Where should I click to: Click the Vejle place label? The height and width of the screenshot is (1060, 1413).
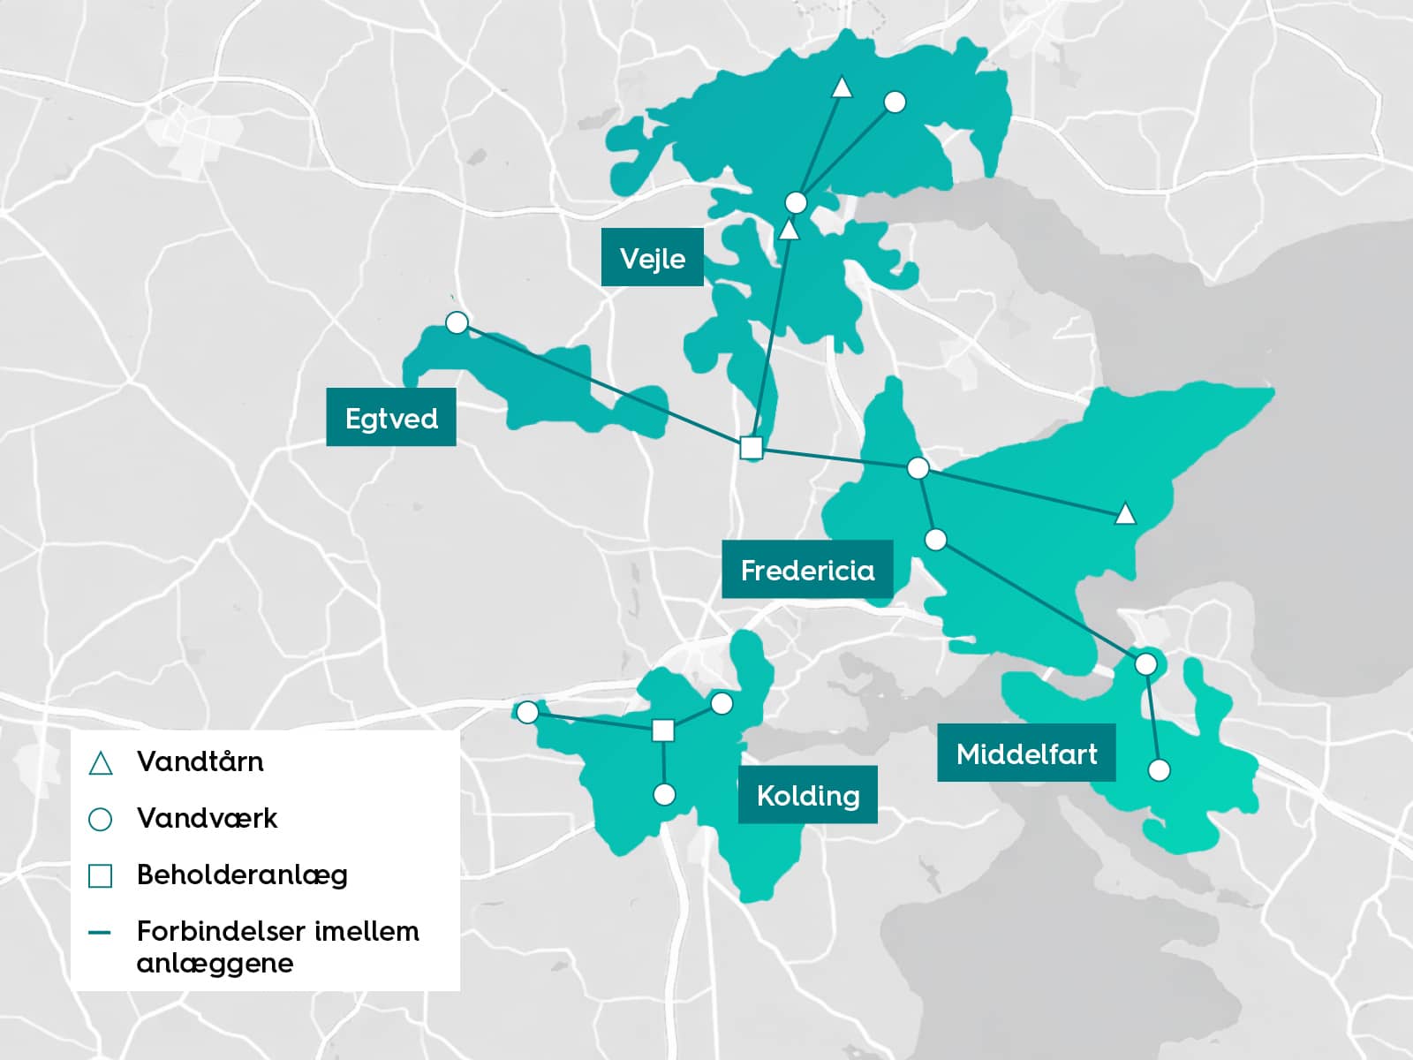tap(652, 258)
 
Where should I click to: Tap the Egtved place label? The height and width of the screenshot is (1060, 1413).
tap(391, 417)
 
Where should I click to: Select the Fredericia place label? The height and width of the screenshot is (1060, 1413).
tap(807, 570)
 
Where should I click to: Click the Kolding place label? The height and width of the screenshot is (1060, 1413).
tap(807, 795)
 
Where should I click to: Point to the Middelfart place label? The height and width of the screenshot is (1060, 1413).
tap(1026, 753)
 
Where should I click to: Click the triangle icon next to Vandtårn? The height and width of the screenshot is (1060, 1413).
tap(101, 763)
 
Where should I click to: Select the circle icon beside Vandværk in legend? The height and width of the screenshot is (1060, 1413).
tap(101, 820)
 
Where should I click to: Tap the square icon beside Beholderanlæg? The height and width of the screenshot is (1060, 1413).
tap(101, 875)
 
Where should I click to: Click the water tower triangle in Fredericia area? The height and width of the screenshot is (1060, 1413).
tap(1124, 513)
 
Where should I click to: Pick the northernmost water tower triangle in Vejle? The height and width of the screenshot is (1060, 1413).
tap(842, 87)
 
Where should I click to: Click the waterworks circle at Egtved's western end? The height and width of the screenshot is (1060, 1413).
tap(457, 322)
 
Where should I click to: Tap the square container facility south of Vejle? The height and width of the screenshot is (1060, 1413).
tap(751, 448)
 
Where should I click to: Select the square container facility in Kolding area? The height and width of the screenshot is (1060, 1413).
tap(663, 730)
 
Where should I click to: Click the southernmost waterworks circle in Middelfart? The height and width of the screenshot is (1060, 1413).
tap(1159, 770)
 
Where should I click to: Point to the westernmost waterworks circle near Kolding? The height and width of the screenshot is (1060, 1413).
tap(527, 712)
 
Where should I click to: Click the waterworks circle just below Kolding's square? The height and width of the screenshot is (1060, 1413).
tap(664, 795)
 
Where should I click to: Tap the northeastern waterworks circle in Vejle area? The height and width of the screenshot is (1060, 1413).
tap(895, 102)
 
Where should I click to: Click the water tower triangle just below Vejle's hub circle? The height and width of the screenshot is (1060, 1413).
tap(789, 231)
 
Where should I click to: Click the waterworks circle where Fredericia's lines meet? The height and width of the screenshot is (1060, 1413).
tap(918, 468)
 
